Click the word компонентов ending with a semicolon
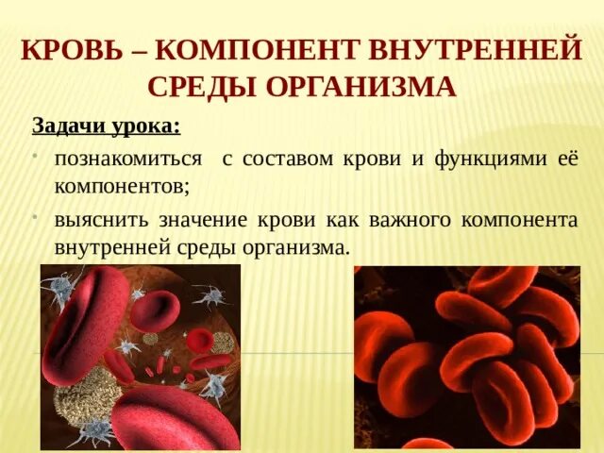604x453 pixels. point(122,186)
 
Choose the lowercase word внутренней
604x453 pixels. point(110,248)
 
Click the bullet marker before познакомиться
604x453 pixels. point(34,154)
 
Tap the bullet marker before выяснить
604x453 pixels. point(34,216)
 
